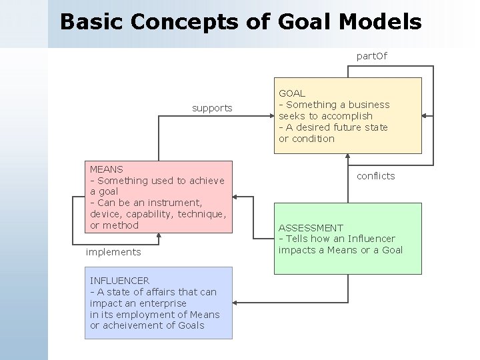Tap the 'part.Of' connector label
click(371, 56)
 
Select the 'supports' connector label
click(212, 107)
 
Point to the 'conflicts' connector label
click(375, 176)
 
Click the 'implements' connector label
click(113, 252)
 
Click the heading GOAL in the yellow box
click(292, 93)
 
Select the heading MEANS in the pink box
click(106, 169)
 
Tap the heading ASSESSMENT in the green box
click(311, 227)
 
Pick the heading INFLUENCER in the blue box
click(119, 281)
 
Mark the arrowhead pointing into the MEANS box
click(237, 197)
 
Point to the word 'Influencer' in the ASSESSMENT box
click(370, 239)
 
